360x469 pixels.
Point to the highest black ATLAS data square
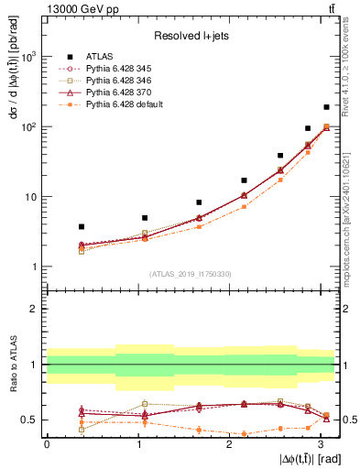pyautogui.click(x=326, y=107)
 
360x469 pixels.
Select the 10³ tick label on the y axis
pyautogui.click(x=27, y=57)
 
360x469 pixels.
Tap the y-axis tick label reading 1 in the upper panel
pyautogui.click(x=34, y=267)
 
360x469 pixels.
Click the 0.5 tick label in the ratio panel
pyautogui.click(x=29, y=420)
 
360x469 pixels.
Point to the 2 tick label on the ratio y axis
pyautogui.click(x=34, y=309)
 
